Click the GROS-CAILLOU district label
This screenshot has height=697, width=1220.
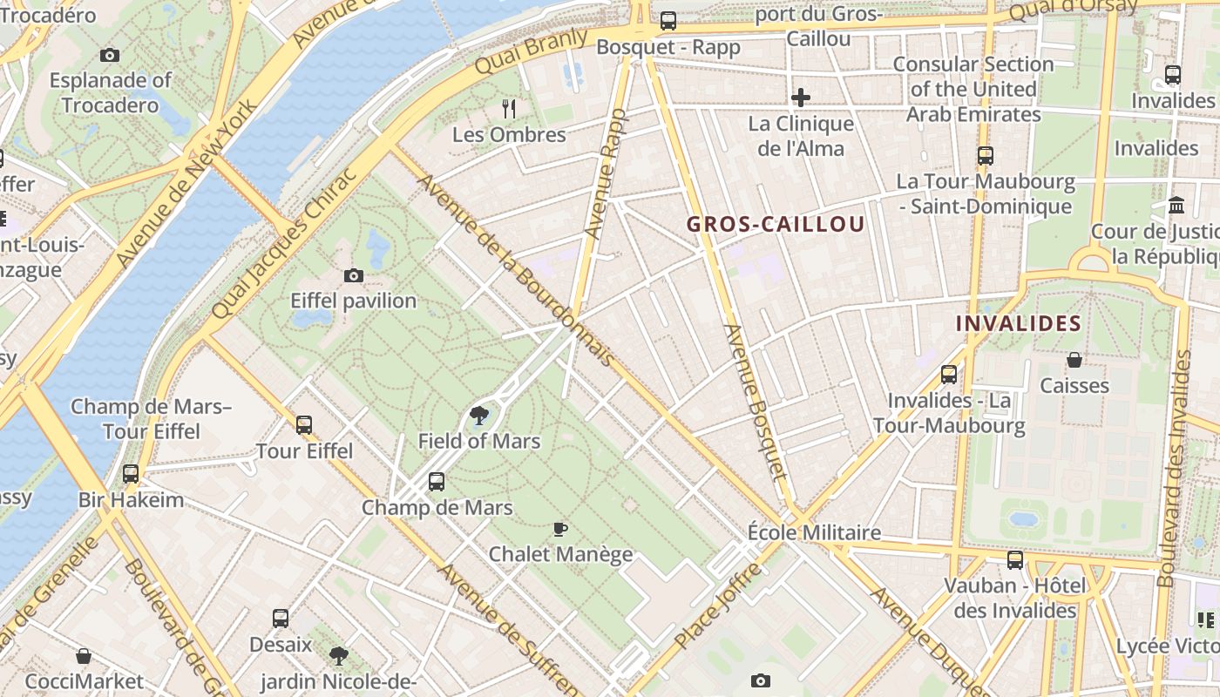776,224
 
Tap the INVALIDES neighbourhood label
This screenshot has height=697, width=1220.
1018,323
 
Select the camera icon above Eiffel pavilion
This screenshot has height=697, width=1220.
353,276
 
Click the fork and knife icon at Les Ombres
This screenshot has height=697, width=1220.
509,109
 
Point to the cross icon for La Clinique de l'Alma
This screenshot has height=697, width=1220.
801,98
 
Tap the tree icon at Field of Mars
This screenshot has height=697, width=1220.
478,416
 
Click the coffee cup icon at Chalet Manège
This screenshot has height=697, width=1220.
560,529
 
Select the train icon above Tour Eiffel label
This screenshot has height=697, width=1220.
304,425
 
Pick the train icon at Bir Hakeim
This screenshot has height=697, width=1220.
131,474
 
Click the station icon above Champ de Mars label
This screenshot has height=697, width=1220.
437,481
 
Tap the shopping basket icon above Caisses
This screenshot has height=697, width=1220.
1074,360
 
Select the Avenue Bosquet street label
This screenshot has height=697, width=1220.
755,403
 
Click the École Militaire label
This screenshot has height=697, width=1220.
814,532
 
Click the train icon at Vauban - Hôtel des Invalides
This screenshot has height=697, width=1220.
1015,559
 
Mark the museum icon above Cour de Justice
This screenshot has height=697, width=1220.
1176,206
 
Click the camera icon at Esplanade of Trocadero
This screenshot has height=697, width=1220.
109,56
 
